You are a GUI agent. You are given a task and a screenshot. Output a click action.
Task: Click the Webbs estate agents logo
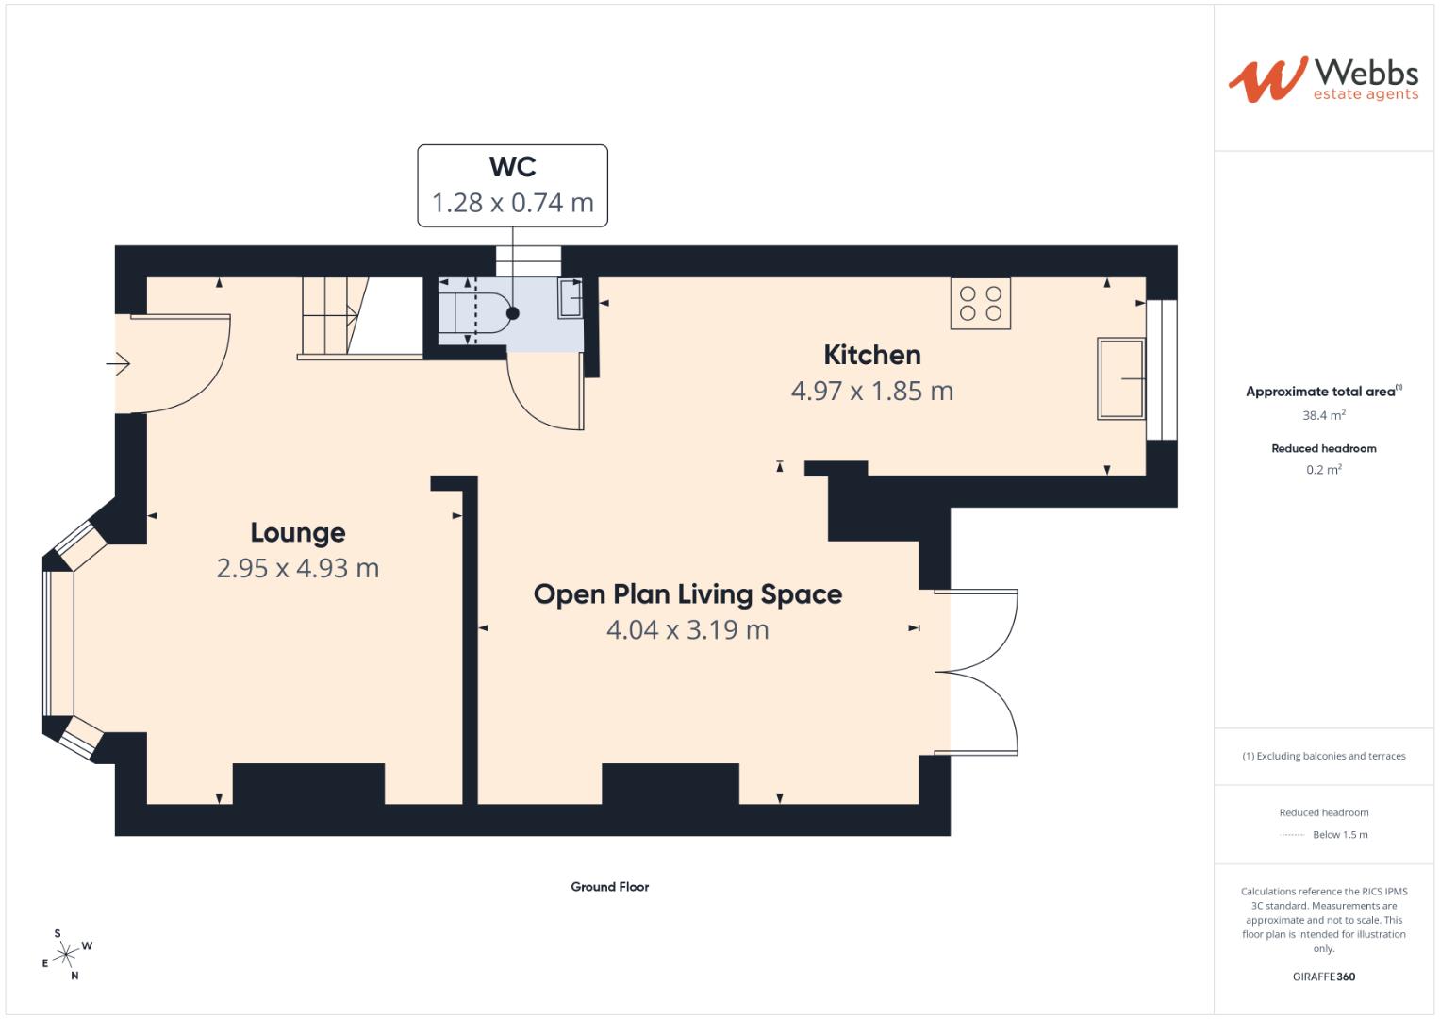tap(1322, 78)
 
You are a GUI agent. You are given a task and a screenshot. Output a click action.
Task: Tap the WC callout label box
tap(512, 185)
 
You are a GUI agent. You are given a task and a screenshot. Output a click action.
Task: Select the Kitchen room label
tap(871, 355)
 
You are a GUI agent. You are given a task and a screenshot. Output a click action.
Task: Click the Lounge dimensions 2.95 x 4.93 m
tap(297, 568)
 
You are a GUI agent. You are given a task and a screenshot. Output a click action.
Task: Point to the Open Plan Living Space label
tap(687, 593)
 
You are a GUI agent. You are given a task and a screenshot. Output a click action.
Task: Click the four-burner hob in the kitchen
tap(980, 303)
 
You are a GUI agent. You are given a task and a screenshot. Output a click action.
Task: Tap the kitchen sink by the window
tap(1120, 378)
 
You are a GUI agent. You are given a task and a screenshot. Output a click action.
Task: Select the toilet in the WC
tap(481, 312)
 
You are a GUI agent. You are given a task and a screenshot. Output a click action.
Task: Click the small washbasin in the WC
tap(570, 298)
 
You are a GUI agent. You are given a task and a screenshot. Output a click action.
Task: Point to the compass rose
tap(66, 954)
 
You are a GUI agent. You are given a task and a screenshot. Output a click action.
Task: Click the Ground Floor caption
tap(609, 887)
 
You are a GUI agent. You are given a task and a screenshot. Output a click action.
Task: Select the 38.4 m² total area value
tap(1323, 415)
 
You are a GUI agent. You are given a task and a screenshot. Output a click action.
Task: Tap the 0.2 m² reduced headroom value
tap(1323, 470)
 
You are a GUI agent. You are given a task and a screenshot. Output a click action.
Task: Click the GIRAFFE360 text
tap(1323, 977)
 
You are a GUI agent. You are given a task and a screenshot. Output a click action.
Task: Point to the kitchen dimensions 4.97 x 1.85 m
tap(871, 391)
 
